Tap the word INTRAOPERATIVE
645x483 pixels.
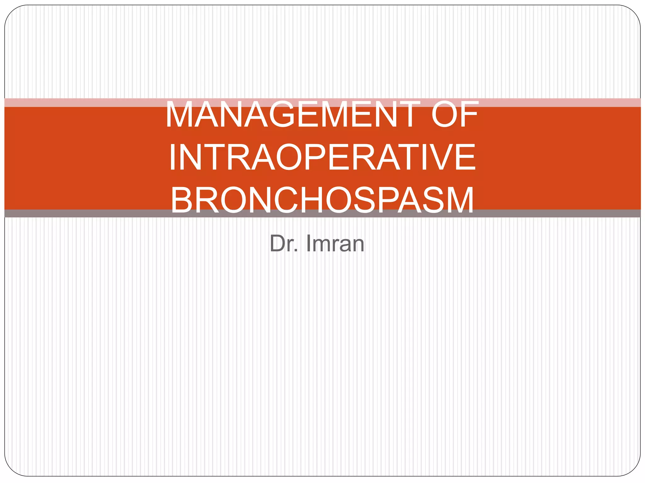[322, 157]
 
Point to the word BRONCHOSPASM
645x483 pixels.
[322, 200]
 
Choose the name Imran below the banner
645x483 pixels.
[335, 243]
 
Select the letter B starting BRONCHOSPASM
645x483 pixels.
[181, 200]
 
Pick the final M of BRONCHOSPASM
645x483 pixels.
[458, 200]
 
